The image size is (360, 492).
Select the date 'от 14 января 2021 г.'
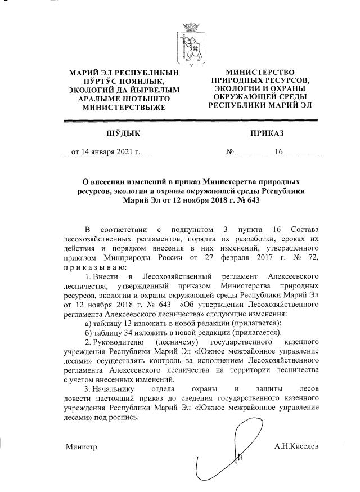click(x=105, y=151)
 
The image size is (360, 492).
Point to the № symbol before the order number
click(x=229, y=151)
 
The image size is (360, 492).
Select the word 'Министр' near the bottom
click(x=81, y=447)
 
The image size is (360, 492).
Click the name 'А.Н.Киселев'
click(x=296, y=446)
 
